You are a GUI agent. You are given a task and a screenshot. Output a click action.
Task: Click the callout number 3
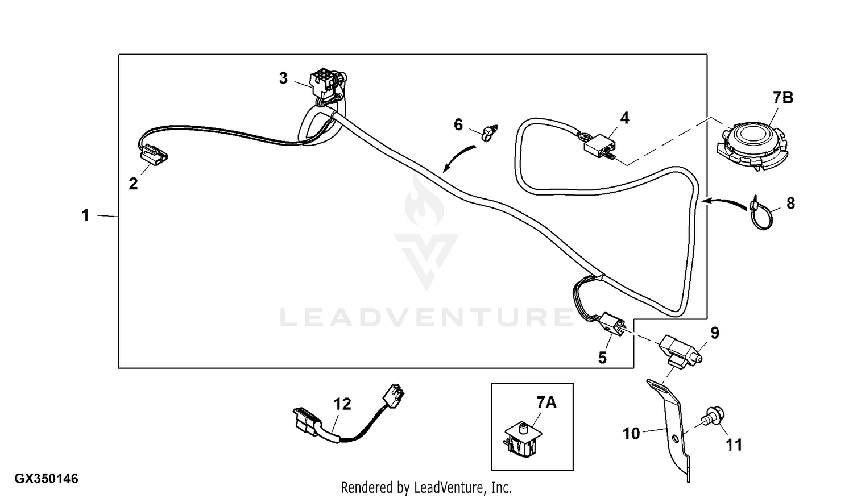283,78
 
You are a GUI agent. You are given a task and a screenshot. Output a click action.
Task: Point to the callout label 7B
782,98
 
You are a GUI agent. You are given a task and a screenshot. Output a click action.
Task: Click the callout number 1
85,215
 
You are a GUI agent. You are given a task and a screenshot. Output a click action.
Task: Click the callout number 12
342,404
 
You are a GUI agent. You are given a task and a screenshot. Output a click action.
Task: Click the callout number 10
631,434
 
